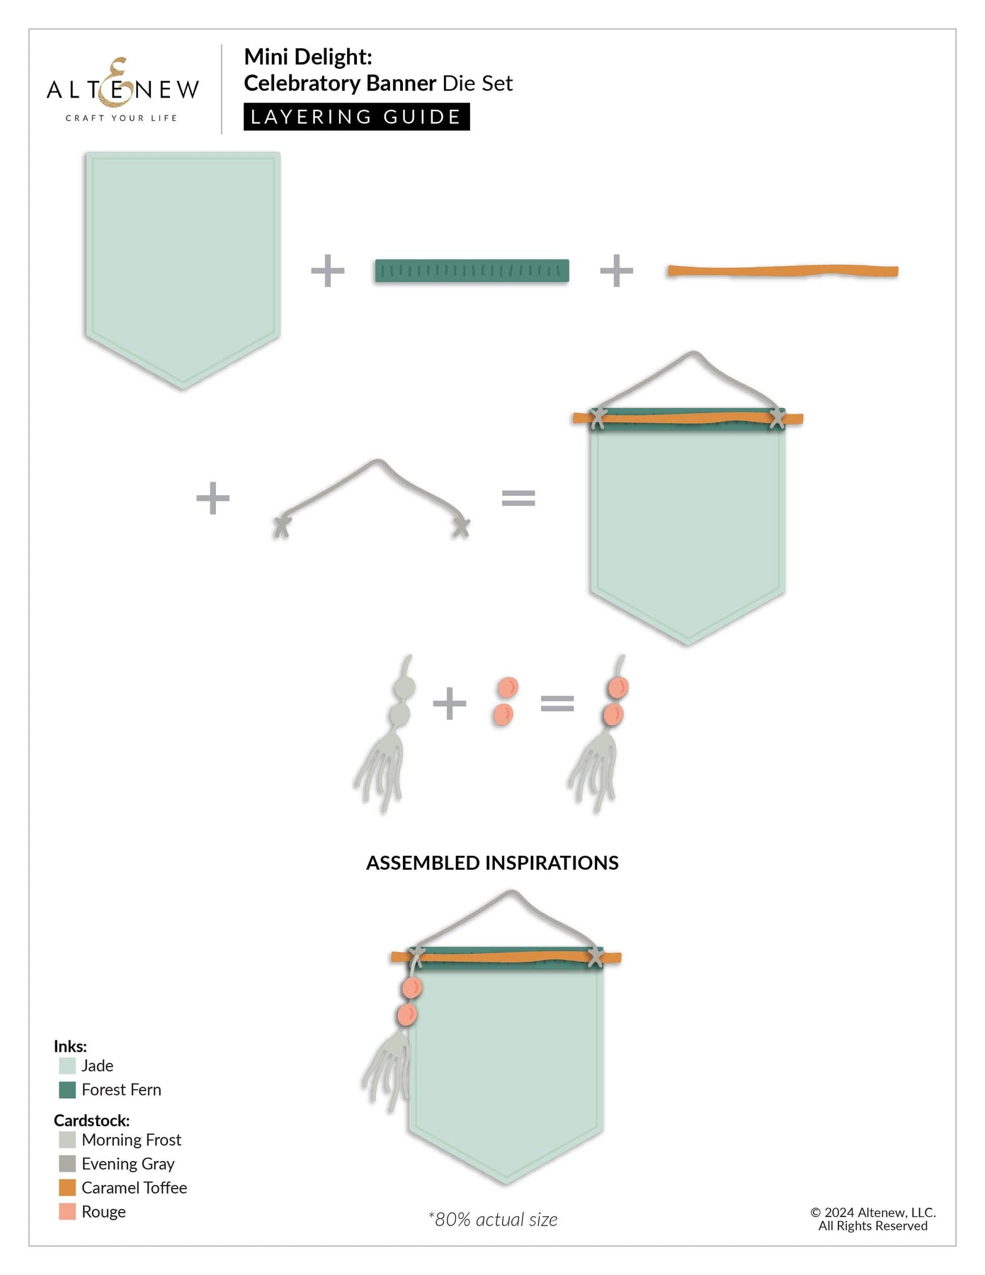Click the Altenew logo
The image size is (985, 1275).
tap(123, 89)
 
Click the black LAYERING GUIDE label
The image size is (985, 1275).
tap(356, 117)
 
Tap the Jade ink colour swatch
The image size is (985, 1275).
tap(67, 1065)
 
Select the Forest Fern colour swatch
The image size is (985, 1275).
tap(67, 1089)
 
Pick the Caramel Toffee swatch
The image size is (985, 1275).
tap(67, 1187)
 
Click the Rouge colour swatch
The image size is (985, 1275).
tap(67, 1211)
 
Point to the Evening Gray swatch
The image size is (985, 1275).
tap(67, 1163)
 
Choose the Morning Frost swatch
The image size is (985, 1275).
tap(67, 1140)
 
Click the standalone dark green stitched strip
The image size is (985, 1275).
tap(472, 271)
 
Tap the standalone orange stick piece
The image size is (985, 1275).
tap(782, 271)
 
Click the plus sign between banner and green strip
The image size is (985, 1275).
tap(328, 271)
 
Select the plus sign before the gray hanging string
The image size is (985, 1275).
tap(213, 498)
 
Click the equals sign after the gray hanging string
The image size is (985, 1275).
tap(518, 498)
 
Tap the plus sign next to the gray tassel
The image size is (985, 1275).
tap(450, 703)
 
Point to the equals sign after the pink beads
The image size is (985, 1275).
tap(557, 703)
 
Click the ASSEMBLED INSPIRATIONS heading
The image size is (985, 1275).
tap(492, 863)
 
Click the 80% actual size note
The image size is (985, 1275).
tap(493, 1219)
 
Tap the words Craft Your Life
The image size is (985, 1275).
tap(121, 118)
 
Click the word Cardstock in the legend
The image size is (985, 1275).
tap(92, 1121)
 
